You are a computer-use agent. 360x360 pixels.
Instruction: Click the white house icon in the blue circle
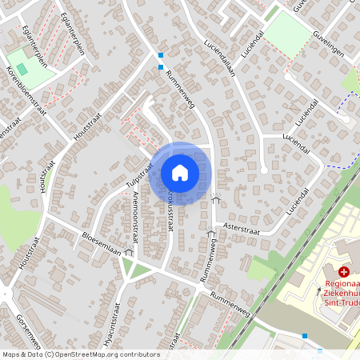180,173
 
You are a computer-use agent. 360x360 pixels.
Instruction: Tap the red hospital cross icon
343,273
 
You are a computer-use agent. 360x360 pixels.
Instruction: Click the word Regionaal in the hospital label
342,284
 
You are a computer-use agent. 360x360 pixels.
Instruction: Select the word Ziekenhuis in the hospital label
342,294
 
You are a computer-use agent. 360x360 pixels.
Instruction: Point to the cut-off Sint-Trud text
342,303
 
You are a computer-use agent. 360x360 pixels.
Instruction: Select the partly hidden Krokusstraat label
169,210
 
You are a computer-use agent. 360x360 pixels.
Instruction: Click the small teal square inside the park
22,69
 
